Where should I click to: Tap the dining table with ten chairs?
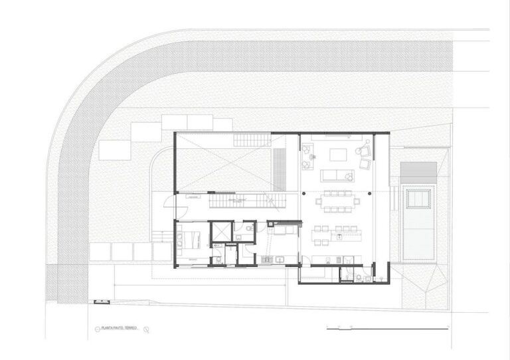point(337,201)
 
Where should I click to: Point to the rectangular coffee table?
point(338,155)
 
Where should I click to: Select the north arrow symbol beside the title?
point(146,329)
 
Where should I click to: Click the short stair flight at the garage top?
point(252,139)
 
